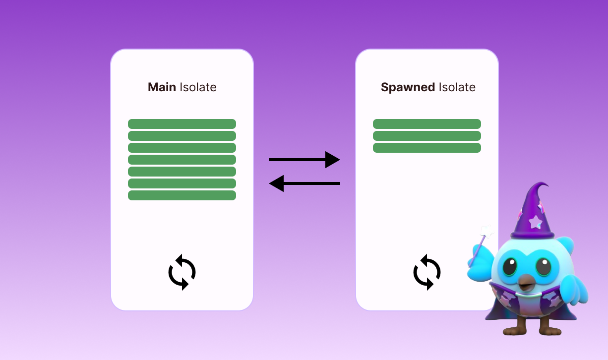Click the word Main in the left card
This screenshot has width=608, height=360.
[x=162, y=87]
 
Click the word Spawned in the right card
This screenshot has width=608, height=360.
[x=408, y=87]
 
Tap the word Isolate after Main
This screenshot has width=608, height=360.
[x=198, y=87]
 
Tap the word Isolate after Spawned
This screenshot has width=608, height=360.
[x=457, y=87]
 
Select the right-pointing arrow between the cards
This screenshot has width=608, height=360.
[x=304, y=160]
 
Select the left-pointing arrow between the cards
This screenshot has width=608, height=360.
[x=304, y=183]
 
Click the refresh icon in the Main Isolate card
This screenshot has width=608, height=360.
[x=182, y=272]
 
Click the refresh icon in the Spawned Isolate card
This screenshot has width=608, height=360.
[x=427, y=272]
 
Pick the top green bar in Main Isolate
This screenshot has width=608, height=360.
[x=182, y=124]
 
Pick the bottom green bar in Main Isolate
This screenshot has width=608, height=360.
[x=182, y=195]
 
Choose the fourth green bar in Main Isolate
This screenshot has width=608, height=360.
[x=182, y=160]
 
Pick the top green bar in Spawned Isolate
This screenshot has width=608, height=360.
[x=427, y=124]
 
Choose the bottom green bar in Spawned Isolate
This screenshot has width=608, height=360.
[x=427, y=148]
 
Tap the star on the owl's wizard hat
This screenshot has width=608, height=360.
[x=536, y=221]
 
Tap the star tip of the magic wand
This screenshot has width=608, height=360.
[x=486, y=231]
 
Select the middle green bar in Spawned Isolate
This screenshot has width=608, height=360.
[x=427, y=136]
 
